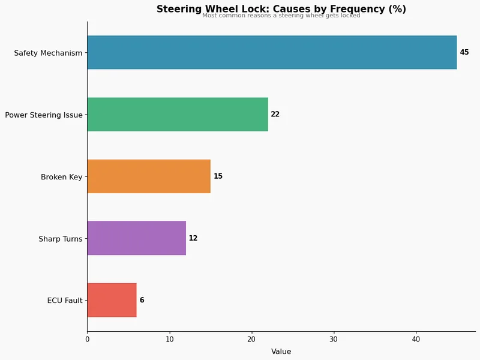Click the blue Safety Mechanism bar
272,52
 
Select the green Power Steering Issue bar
178,114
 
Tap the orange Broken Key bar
149,176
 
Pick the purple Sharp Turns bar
136,238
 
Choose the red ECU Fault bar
112,300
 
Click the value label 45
464,53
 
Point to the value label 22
275,115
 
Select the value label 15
218,176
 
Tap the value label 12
193,238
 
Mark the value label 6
142,300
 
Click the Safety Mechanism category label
48,53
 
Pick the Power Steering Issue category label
44,115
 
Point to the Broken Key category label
61,177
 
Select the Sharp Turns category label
60,239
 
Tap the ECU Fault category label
65,301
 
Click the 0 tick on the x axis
87,339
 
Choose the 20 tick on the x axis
251,339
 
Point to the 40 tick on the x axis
416,339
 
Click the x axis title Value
281,352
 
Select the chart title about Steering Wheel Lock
281,9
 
